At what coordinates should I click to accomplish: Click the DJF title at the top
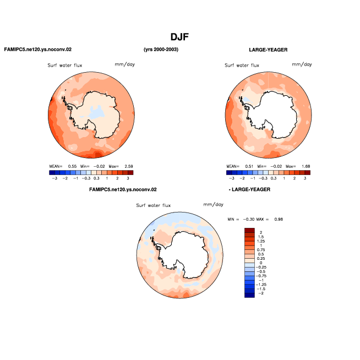point(179,37)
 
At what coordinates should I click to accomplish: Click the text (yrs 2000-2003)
point(161,50)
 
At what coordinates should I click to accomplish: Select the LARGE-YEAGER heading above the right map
point(268,50)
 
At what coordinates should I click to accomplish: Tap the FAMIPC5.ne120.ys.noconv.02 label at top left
point(38,50)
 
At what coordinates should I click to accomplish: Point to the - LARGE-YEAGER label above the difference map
point(249,189)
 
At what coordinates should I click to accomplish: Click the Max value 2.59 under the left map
point(129,166)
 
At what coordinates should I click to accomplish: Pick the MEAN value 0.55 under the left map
point(72,166)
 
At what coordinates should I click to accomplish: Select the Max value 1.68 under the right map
point(306,166)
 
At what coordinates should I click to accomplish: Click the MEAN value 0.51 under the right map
point(249,166)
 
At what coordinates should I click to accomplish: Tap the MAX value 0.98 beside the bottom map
point(279,219)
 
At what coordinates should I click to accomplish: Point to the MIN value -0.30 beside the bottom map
point(249,219)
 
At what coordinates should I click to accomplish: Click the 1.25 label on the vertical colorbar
point(261,241)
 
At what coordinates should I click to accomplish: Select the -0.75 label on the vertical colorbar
point(261,276)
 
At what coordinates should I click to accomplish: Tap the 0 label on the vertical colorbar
point(261,263)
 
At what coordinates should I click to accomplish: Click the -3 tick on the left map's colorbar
point(54,178)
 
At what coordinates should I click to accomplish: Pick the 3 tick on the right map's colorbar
point(305,178)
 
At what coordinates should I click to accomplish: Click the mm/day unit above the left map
point(124,64)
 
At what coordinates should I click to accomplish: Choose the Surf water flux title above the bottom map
point(154,205)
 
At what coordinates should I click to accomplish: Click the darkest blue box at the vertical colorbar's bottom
point(249,295)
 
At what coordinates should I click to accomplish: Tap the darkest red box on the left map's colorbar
point(130,172)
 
